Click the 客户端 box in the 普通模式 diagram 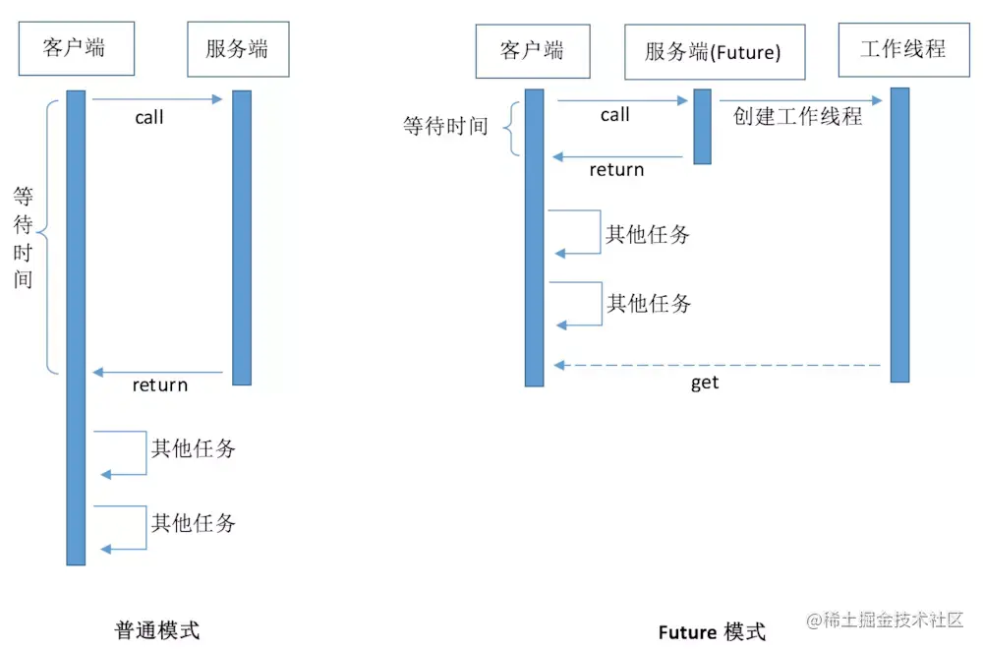tap(75, 47)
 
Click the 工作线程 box tap(902, 49)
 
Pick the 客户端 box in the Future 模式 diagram tap(532, 51)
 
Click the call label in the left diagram tap(149, 118)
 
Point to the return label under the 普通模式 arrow tap(160, 385)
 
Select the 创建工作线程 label tap(798, 116)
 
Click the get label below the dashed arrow tap(705, 383)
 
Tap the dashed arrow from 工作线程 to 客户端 tap(718, 365)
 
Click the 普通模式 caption tap(157, 630)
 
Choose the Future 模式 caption tap(711, 631)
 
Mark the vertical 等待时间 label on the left tap(24, 237)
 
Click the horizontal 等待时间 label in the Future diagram tap(445, 127)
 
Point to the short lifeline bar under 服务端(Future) tap(702, 126)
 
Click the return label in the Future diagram tap(616, 170)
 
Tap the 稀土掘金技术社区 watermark tap(886, 620)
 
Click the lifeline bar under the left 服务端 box tap(242, 237)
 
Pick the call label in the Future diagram tap(615, 115)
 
